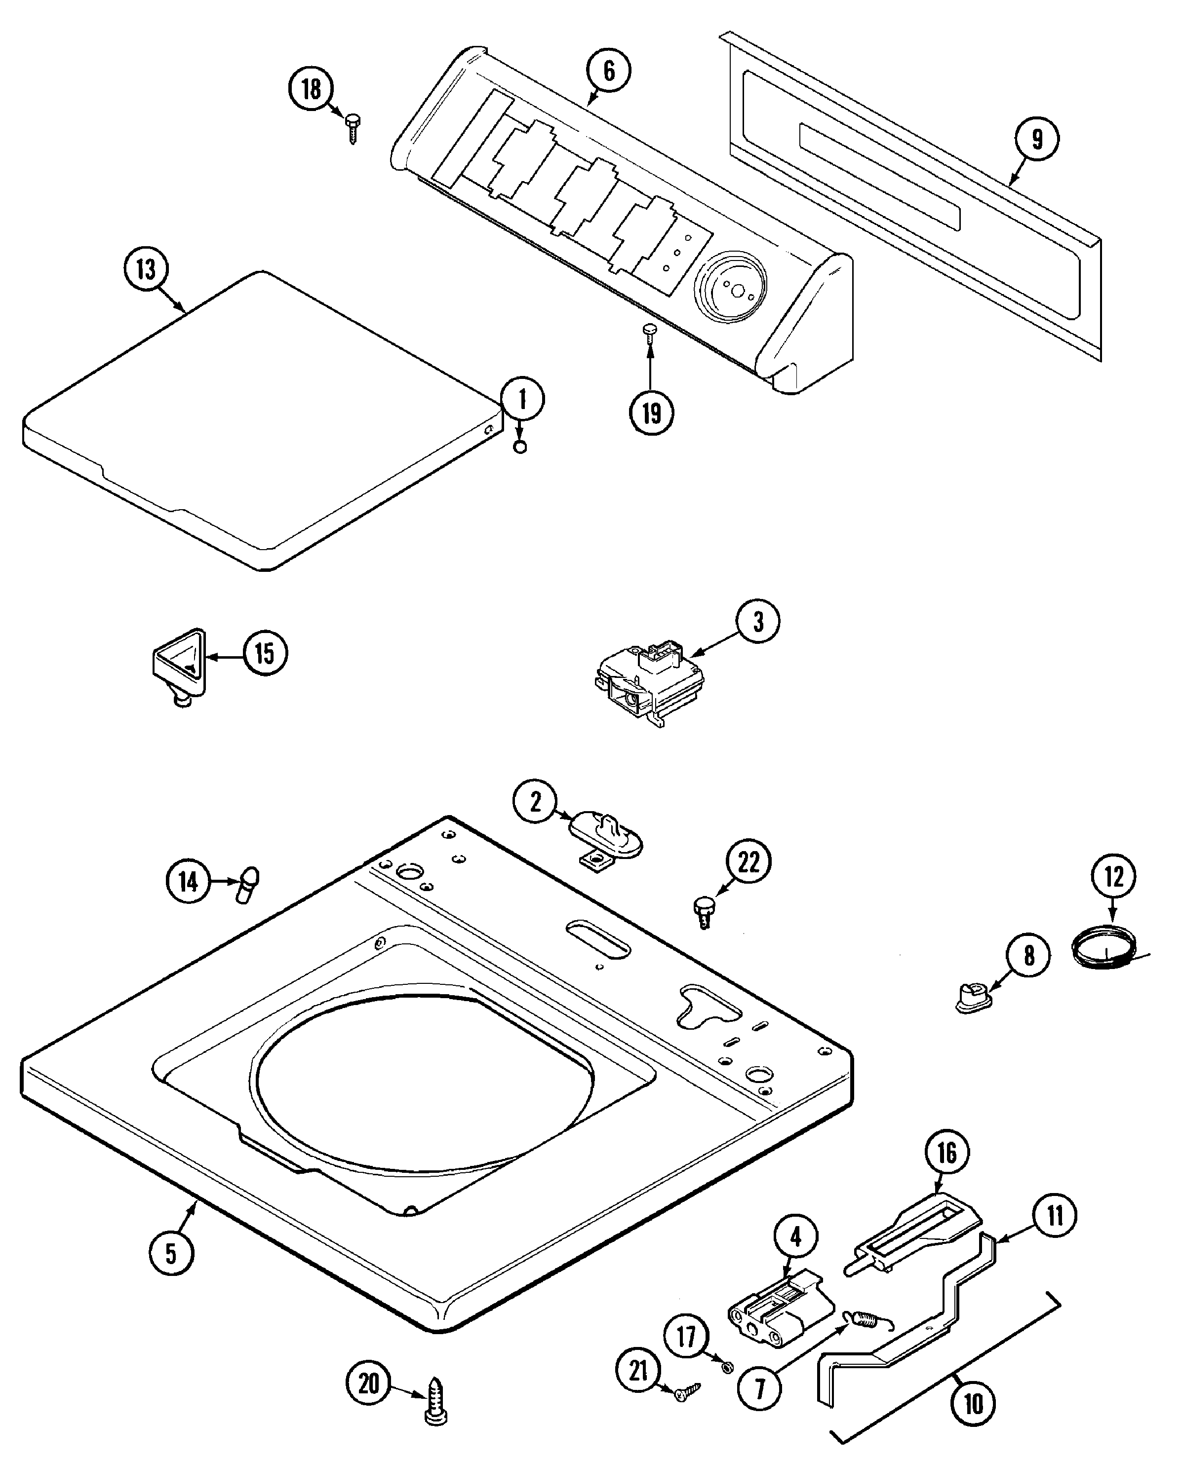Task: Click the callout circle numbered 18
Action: (311, 89)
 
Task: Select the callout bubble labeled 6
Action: (609, 70)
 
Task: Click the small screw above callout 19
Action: (648, 332)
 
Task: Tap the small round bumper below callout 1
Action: (520, 447)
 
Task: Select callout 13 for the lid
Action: (146, 269)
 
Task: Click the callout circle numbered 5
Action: (171, 1253)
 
